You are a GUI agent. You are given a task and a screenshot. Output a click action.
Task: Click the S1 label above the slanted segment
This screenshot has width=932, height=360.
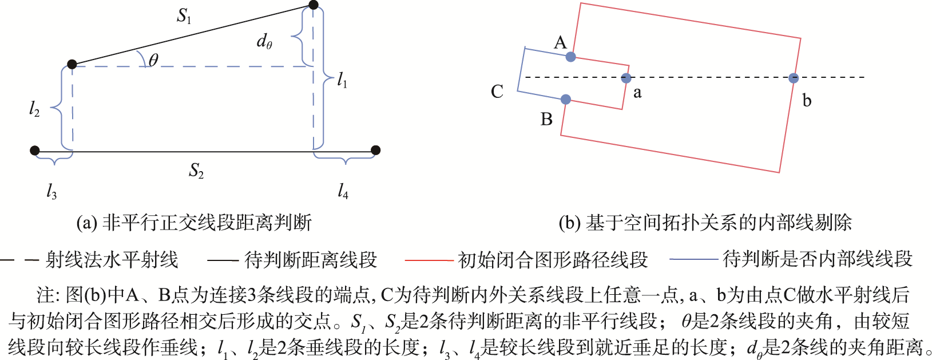tap(184, 16)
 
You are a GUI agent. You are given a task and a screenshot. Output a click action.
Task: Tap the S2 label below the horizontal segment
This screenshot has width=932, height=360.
tap(196, 171)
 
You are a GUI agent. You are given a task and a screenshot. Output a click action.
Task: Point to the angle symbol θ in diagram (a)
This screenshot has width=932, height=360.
tap(153, 60)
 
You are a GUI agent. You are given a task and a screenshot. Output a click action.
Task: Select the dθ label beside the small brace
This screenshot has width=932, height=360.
tap(264, 42)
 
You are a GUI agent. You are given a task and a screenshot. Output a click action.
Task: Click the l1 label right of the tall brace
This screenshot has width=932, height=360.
tap(342, 80)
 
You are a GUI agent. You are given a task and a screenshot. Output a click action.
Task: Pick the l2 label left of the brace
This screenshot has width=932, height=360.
tap(34, 109)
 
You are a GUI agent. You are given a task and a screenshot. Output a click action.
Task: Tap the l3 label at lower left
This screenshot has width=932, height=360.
tap(51, 192)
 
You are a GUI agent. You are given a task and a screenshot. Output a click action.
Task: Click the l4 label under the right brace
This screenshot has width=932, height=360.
tap(343, 191)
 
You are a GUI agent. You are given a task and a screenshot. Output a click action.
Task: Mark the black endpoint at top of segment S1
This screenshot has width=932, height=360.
tap(314, 5)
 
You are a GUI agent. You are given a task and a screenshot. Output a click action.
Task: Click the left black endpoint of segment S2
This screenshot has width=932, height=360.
tap(35, 151)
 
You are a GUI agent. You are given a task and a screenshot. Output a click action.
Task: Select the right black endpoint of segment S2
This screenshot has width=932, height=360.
tap(376, 151)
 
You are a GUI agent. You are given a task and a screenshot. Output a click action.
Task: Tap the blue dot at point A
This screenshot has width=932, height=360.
tap(571, 57)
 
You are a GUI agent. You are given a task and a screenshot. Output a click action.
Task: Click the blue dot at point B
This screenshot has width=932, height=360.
tap(566, 100)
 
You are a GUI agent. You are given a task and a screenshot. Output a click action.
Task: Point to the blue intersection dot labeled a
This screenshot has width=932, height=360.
tap(626, 78)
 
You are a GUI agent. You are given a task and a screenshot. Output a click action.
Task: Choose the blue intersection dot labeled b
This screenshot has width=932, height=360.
tap(794, 78)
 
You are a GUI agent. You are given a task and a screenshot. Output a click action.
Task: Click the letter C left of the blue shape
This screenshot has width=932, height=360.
tap(497, 92)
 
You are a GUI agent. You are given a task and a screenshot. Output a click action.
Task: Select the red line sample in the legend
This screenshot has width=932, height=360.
tap(429, 260)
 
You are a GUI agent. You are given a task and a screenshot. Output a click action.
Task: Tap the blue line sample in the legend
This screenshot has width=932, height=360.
tap(694, 259)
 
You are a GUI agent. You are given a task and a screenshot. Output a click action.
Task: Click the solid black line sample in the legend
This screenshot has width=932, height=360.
tap(223, 260)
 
